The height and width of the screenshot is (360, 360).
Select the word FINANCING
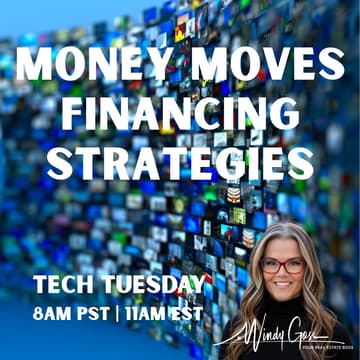click(181, 114)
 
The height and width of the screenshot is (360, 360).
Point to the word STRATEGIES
click(181, 159)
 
